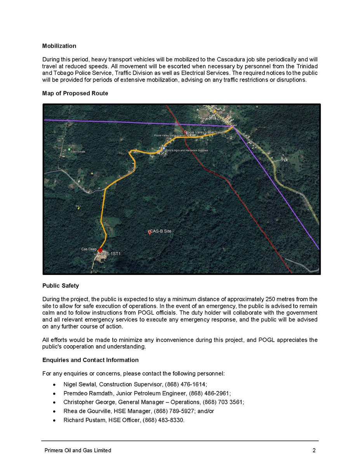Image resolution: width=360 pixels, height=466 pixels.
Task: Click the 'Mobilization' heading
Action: [x=59, y=46]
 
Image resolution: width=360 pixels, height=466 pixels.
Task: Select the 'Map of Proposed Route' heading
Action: [x=75, y=93]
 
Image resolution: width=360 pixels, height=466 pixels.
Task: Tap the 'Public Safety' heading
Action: [x=60, y=285]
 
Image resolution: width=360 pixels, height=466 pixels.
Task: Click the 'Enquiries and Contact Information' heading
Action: [x=90, y=360]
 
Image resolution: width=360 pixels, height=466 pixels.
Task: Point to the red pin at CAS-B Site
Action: [x=150, y=232]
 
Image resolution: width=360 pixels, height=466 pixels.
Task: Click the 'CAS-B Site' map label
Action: [x=161, y=231]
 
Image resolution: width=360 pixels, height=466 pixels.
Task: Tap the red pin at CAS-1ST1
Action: [x=100, y=250]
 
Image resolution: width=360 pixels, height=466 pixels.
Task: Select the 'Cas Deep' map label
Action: [x=89, y=249]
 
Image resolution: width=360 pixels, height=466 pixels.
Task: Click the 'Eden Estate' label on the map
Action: [x=78, y=151]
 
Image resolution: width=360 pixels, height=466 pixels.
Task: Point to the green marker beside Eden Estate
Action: [x=69, y=150]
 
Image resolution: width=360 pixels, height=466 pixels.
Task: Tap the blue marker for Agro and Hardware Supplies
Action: [x=164, y=148]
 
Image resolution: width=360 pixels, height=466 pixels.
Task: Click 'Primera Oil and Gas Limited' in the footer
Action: [x=77, y=450]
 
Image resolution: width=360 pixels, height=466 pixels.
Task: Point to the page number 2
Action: [x=314, y=450]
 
